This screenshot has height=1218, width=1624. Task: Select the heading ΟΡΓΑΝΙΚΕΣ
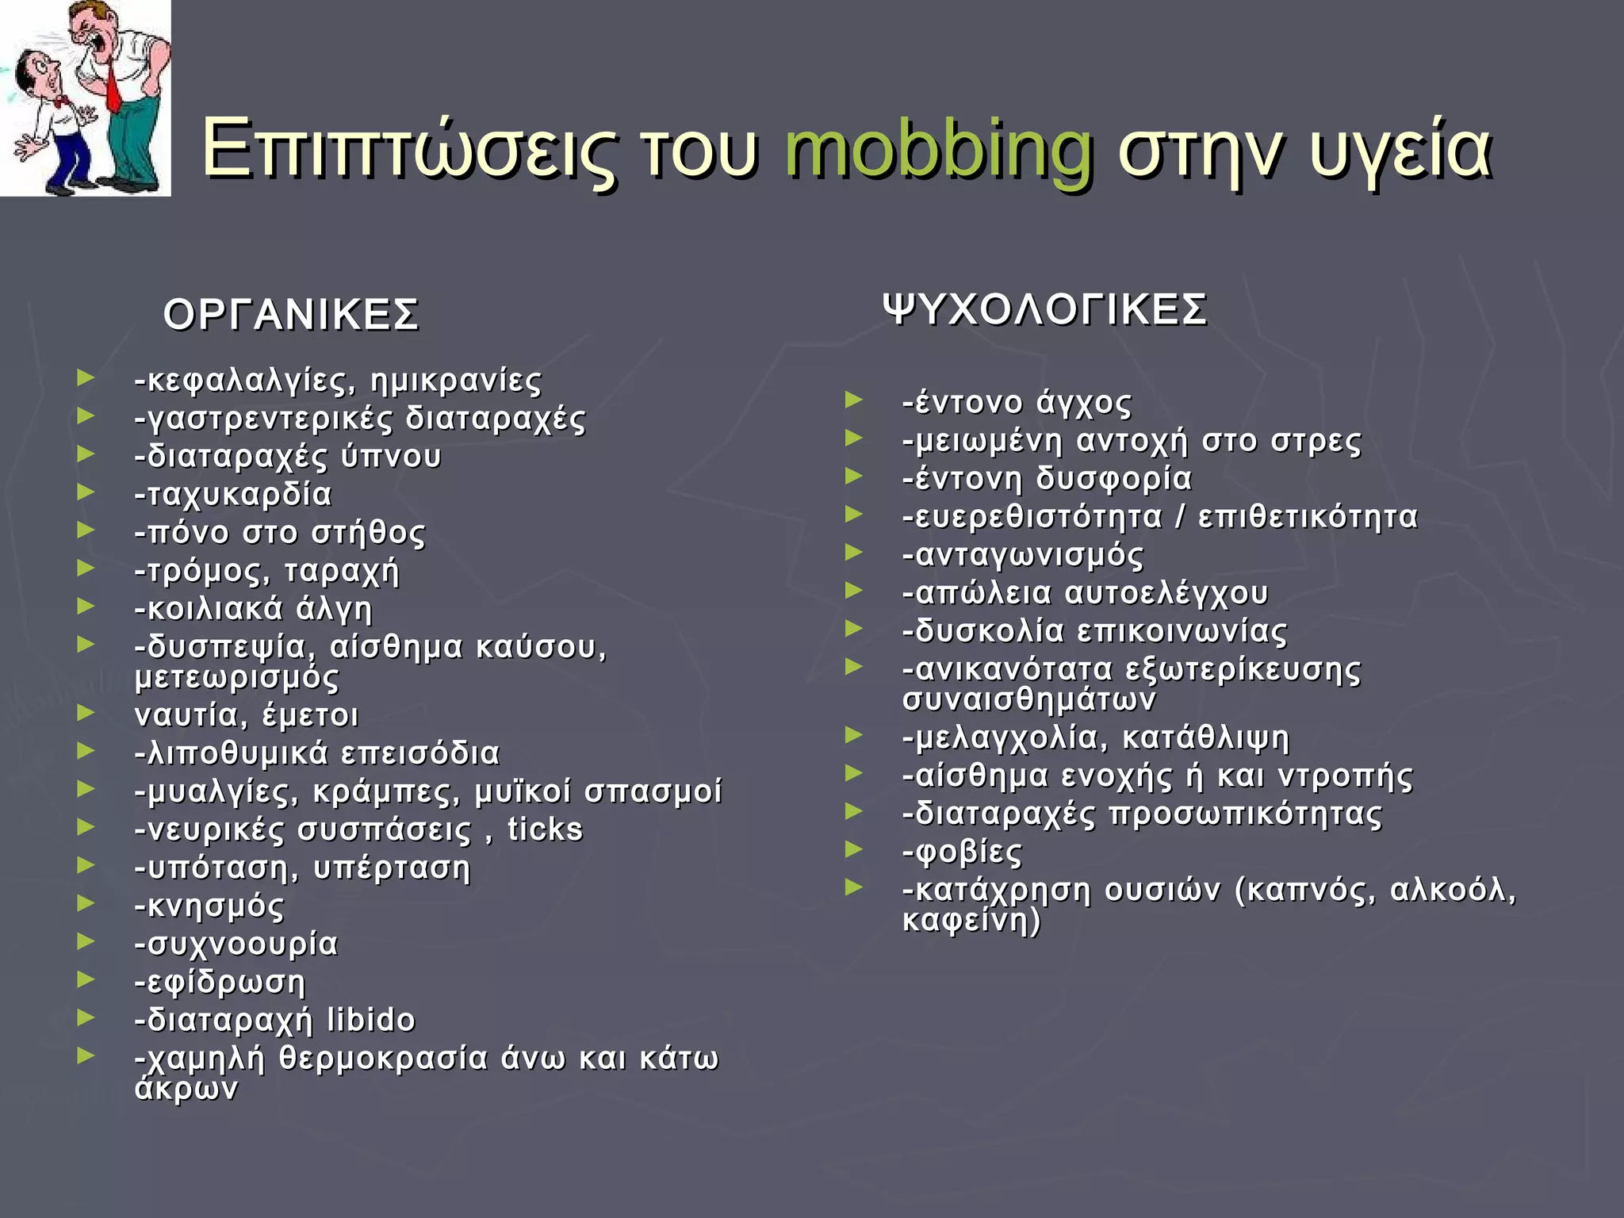[290, 316]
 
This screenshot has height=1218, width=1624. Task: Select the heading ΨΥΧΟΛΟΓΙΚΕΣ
[1045, 309]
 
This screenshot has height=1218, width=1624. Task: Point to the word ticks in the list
[545, 829]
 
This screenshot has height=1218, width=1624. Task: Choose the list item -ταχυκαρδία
[233, 495]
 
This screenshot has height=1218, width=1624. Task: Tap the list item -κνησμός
[209, 906]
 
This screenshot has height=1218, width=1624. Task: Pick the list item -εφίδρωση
[220, 982]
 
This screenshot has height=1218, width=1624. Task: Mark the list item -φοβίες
[963, 852]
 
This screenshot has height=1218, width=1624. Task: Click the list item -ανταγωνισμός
[1023, 555]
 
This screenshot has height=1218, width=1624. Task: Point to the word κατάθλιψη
[1206, 738]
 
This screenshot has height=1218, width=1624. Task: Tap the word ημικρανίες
[456, 381]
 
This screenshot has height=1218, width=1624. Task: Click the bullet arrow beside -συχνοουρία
[86, 941]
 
